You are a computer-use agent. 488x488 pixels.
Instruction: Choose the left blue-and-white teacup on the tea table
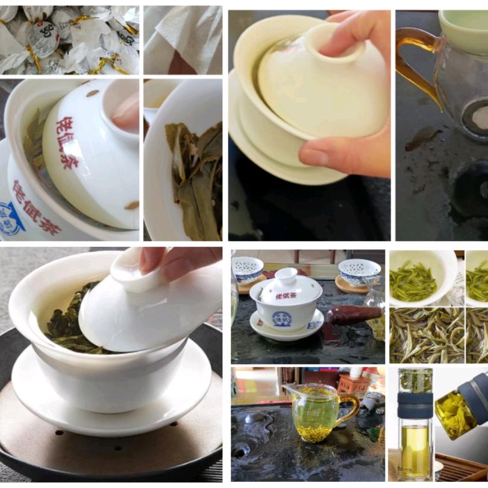tap(248, 269)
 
